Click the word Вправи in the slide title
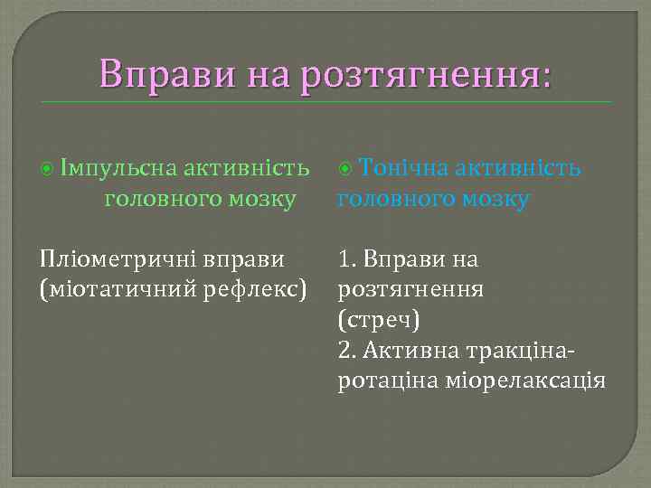coord(165,73)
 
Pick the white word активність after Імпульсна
coord(246,169)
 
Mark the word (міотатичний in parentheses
coord(119,289)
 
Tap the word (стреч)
coord(379,320)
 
